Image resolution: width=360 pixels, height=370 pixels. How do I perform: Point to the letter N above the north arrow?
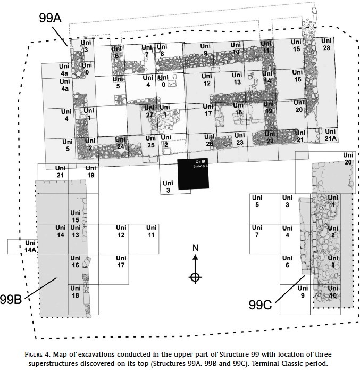(x=195, y=249)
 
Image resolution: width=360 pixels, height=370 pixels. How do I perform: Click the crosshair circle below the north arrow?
(x=195, y=277)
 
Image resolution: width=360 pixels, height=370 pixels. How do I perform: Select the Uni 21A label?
(x=330, y=135)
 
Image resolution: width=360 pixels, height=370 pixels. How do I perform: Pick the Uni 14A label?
(x=30, y=246)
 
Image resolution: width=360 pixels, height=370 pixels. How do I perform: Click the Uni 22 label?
(x=270, y=138)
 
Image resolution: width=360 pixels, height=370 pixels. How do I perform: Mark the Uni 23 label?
(x=239, y=139)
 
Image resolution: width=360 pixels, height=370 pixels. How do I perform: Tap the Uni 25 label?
(x=151, y=142)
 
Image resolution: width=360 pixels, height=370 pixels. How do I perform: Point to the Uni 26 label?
(x=210, y=141)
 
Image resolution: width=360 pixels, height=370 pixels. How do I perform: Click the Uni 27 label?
(x=149, y=112)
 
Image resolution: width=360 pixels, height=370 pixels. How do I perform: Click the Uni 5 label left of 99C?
(x=257, y=202)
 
